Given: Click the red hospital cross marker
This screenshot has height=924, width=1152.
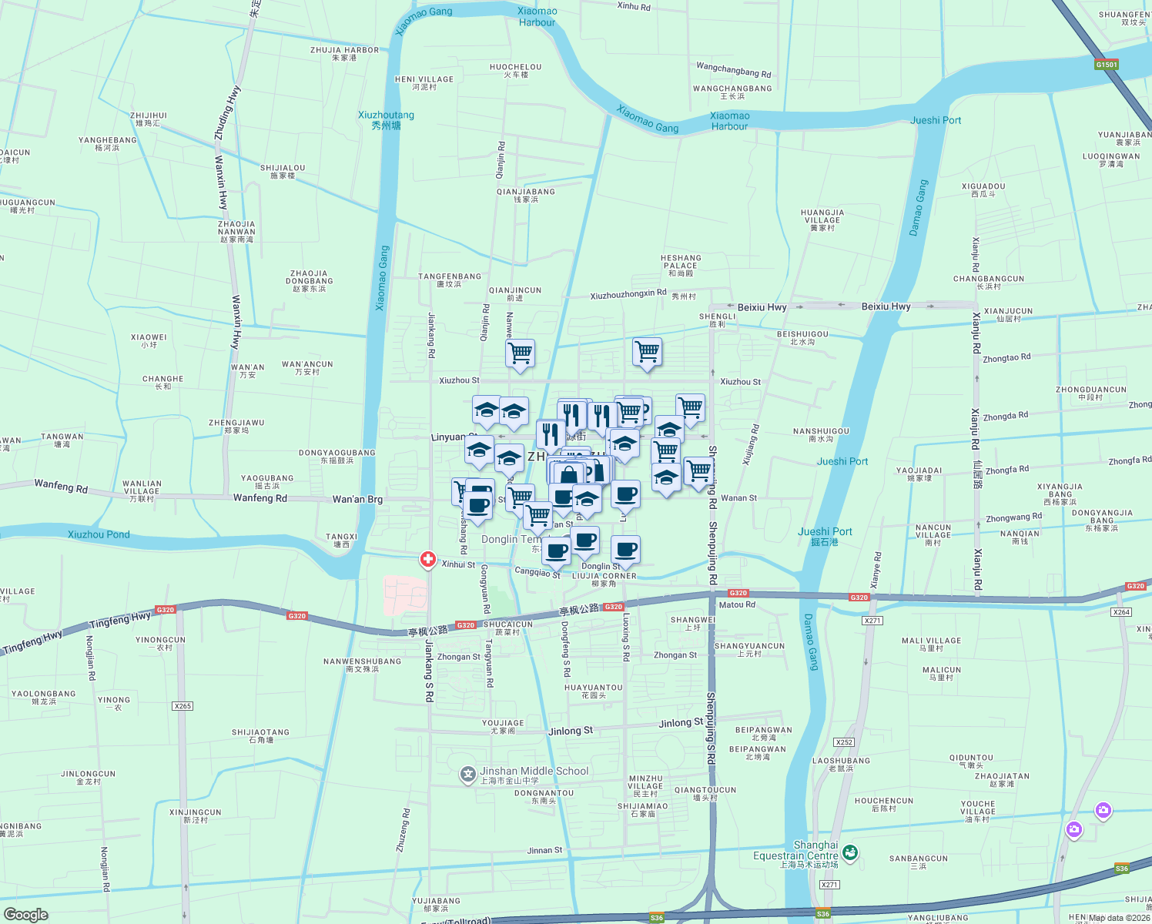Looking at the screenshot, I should pos(428,560).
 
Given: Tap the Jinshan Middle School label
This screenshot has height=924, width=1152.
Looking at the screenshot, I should pos(534,772).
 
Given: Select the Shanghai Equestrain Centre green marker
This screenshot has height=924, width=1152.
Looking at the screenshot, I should pos(850,852).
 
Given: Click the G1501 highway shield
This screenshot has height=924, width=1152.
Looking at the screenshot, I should pos(1107,65).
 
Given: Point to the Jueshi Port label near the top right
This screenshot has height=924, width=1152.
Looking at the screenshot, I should pos(936,120).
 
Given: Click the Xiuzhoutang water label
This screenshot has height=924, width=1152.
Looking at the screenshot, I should pos(386,119).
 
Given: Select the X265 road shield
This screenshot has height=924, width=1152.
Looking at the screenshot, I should pos(183,706).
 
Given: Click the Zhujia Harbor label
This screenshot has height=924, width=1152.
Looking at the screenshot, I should pos(344,53).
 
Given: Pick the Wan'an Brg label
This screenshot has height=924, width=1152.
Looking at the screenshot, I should pos(357,499).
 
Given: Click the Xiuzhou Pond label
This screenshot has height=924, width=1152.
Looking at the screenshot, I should pos(99,534).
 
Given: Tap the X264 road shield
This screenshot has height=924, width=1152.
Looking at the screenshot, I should pos(1121,612).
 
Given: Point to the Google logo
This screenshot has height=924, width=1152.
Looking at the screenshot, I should pos(25,915).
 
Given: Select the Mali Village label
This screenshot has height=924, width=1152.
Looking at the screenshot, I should pos(931,644).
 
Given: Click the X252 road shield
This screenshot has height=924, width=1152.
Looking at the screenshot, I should pos(844,742).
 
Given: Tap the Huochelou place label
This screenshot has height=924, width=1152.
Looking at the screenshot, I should pos(515,70).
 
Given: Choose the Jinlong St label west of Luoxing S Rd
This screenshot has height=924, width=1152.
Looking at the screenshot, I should pos(571,730).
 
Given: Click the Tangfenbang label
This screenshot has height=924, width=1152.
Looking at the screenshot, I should pos(449,280).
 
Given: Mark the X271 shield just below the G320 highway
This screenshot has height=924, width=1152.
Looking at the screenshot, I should pos(872,621).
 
